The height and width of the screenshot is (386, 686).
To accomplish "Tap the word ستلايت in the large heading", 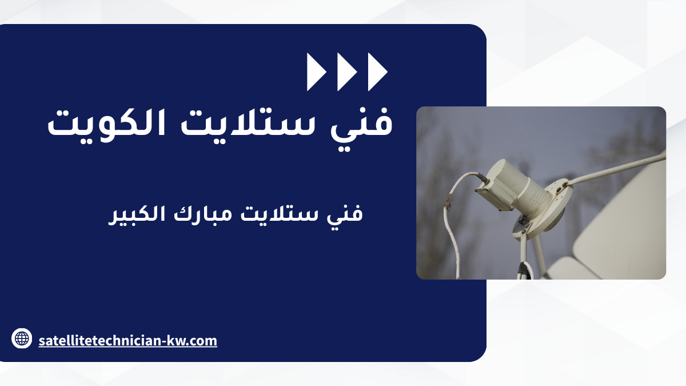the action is (247, 123).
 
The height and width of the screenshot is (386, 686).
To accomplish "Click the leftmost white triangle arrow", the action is (316, 71).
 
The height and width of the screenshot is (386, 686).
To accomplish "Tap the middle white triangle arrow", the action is (347, 71).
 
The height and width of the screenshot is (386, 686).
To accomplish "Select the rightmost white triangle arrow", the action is (378, 71).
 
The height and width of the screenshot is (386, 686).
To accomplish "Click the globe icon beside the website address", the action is (22, 338).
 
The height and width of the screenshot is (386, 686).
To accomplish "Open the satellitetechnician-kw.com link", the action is (127, 341).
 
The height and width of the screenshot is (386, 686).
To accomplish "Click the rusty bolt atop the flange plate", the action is (564, 184).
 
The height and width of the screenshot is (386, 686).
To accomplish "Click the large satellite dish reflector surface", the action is (622, 226).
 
